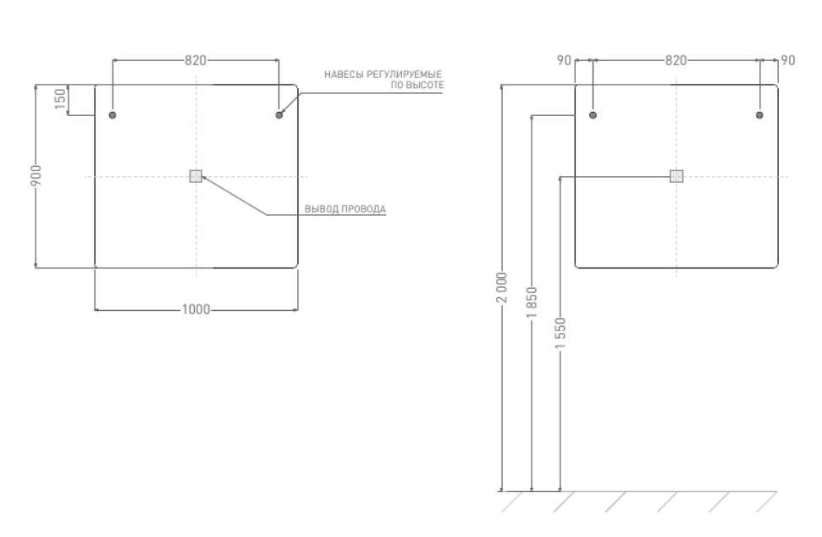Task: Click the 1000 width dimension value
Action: pos(196,310)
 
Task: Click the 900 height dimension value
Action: pos(36,175)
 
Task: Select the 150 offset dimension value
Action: pos(59,100)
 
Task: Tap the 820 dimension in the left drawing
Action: pos(196,60)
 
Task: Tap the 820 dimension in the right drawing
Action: pos(676,60)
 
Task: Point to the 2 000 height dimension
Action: pos(501,287)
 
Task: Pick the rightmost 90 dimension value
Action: pos(787,60)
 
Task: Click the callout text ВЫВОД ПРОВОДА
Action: pos(345,208)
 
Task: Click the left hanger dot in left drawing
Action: pos(113,114)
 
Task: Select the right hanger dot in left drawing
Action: pos(279,114)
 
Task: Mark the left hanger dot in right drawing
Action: pos(593,114)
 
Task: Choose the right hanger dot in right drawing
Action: pos(759,114)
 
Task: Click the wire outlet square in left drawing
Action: pos(196,176)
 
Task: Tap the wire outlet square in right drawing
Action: pos(676,176)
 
